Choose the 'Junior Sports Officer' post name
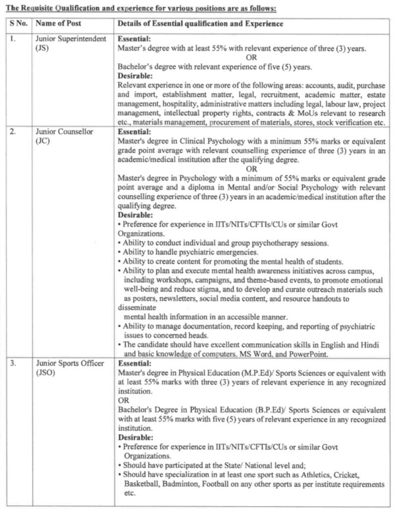(x=69, y=363)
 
